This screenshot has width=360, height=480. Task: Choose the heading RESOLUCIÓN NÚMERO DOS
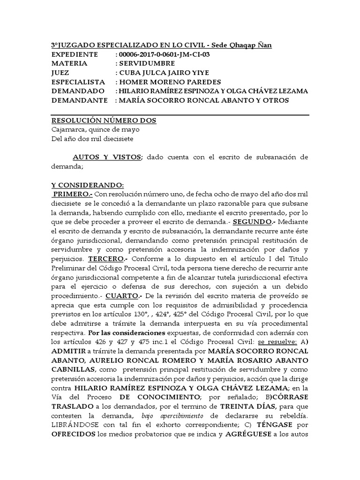(104, 120)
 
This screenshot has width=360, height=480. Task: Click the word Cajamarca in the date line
(69, 129)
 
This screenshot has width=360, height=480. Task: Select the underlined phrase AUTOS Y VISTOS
(106, 157)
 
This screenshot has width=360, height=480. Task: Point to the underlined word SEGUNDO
(252, 221)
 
